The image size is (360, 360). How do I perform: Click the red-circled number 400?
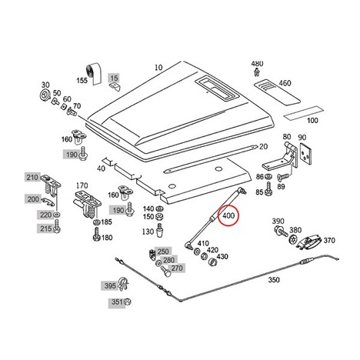(x=228, y=215)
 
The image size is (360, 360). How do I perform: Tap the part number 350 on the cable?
(x=274, y=279)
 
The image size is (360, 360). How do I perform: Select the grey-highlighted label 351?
(x=117, y=302)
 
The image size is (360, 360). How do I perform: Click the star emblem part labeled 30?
(x=45, y=95)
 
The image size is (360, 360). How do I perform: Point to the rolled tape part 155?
(x=93, y=73)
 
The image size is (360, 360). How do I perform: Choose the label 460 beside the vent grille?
(x=285, y=83)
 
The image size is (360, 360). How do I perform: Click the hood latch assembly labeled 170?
(x=87, y=205)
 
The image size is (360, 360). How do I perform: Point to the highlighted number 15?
(x=115, y=78)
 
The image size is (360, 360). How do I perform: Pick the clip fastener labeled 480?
(x=256, y=72)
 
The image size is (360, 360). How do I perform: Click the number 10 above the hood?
(x=158, y=68)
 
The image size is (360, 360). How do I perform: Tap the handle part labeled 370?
(x=308, y=242)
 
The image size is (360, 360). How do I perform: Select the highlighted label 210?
(x=32, y=177)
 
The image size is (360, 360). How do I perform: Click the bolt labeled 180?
(x=96, y=234)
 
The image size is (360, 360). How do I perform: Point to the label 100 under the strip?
(x=312, y=120)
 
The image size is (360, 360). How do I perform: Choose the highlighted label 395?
(x=110, y=285)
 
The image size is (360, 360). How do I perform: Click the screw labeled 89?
(x=283, y=177)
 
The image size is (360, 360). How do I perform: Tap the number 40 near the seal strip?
(x=101, y=168)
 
